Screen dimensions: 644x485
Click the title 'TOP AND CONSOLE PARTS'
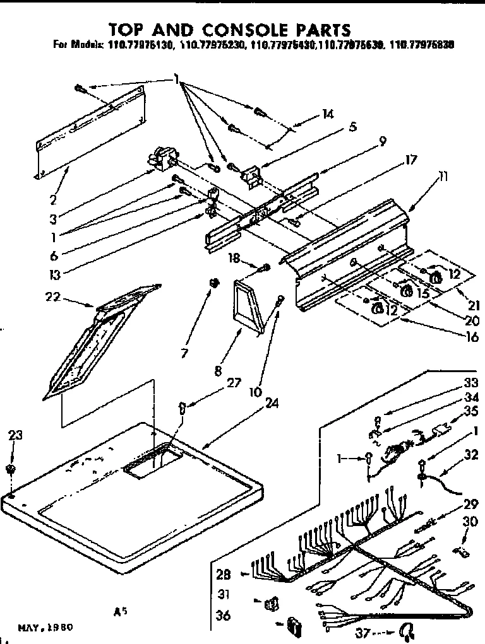pyautogui.click(x=229, y=30)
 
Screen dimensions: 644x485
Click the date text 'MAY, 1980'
pyautogui.click(x=45, y=628)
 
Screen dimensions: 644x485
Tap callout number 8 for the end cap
pyautogui.click(x=219, y=372)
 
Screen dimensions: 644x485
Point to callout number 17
pyautogui.click(x=410, y=160)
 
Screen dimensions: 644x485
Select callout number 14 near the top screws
pyautogui.click(x=327, y=114)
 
